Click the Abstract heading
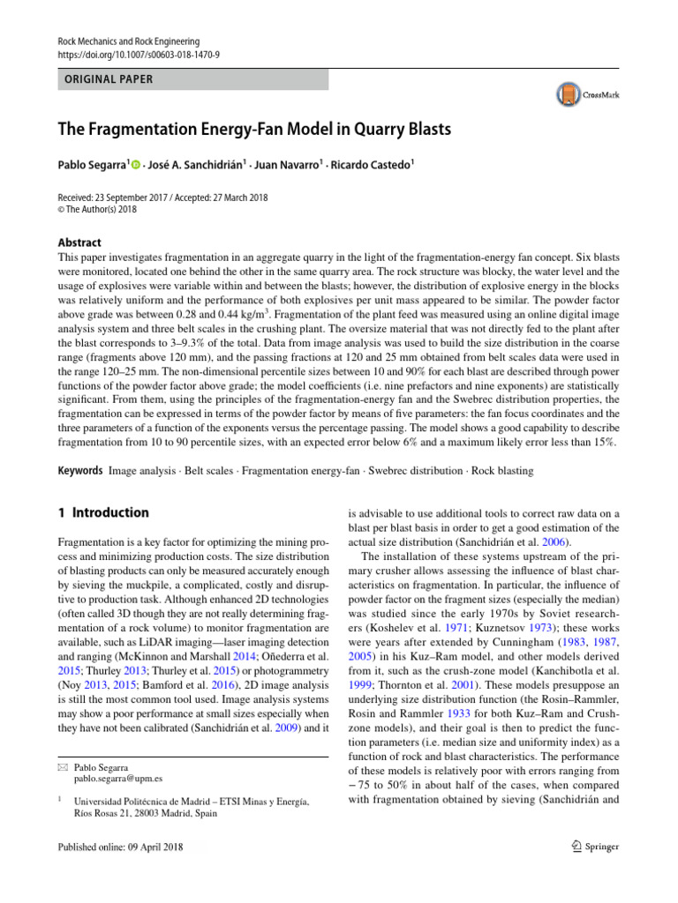click(x=79, y=243)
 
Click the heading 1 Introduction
click(x=102, y=512)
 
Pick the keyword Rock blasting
click(x=502, y=471)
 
